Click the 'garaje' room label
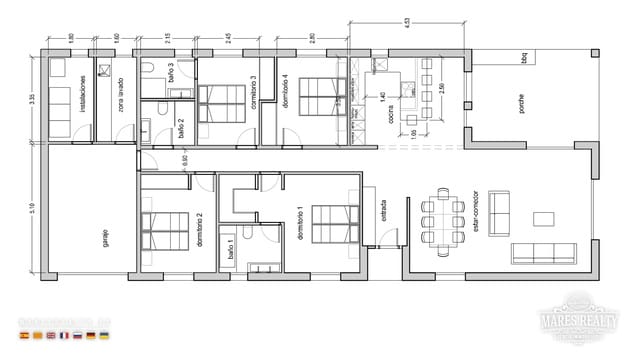(x=104, y=237)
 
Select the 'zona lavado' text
(x=118, y=94)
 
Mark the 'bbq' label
(x=523, y=58)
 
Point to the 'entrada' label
(x=383, y=212)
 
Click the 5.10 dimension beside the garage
(x=34, y=208)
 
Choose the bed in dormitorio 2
(x=164, y=229)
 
